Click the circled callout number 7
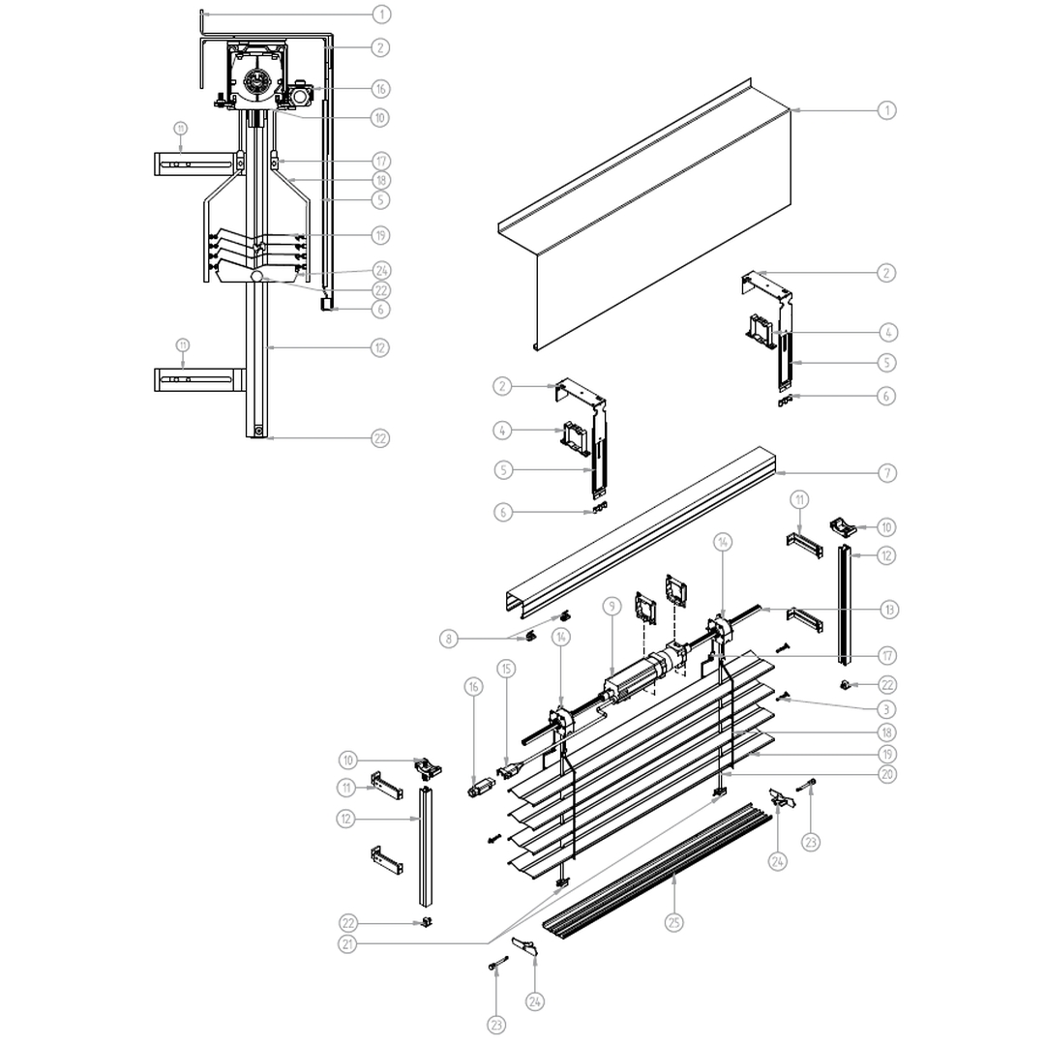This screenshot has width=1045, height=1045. [887, 473]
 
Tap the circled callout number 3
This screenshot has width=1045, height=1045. [887, 709]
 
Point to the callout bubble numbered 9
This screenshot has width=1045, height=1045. [611, 607]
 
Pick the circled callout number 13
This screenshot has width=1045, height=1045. [887, 610]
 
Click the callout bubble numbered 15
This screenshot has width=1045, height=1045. [506, 668]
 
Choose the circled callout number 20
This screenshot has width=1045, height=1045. [887, 774]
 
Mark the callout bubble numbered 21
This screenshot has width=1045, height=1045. [348, 943]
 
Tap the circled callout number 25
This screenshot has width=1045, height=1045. [674, 922]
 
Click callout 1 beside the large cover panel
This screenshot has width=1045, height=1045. [887, 110]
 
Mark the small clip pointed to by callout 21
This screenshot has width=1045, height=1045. [719, 794]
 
